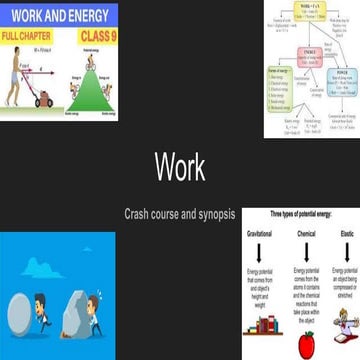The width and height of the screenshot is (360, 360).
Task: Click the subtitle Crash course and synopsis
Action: [x=180, y=213]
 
